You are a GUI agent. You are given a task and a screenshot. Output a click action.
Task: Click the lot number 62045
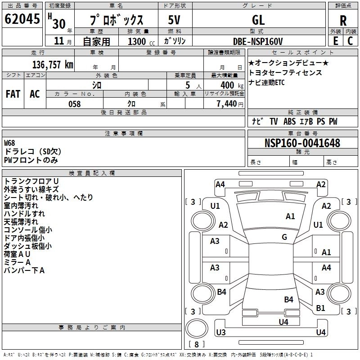pos(22,19)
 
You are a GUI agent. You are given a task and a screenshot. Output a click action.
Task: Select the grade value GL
pos(258,20)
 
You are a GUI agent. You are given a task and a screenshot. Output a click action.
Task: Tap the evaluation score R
pos(343,21)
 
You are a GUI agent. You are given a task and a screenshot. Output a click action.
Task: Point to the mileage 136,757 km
pos(53,65)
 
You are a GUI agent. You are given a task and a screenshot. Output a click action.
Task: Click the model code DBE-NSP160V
pos(257,41)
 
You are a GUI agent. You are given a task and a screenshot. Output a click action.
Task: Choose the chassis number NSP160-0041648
pos(302,143)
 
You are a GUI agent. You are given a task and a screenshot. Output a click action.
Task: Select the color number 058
pos(75,104)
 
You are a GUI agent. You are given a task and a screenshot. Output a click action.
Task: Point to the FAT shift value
pos(13,94)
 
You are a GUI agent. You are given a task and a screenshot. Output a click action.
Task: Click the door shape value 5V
pos(174,20)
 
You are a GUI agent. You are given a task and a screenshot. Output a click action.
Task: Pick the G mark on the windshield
pos(284,237)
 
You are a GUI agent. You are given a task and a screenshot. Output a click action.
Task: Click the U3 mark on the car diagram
pos(221,332)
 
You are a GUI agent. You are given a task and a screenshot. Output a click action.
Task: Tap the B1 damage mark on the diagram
pos(320,308)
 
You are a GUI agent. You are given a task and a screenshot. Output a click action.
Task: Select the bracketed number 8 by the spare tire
pos(197,344)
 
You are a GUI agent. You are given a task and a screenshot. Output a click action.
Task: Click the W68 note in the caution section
pos(9,143)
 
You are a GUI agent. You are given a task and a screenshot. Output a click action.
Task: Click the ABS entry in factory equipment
pos(289,121)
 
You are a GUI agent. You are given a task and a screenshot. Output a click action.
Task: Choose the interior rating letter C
pos(350,41)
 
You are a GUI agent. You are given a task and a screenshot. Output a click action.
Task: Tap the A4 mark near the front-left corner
pos(220,184)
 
